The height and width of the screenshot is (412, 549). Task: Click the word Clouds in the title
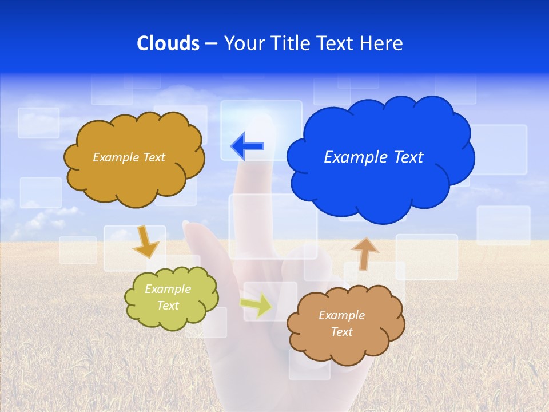coord(168,43)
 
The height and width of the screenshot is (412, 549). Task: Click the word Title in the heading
coord(291,43)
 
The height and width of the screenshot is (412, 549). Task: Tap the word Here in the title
coord(382,43)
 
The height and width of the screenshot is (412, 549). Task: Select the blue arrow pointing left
coord(247,146)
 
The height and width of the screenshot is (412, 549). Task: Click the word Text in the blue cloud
coord(408,157)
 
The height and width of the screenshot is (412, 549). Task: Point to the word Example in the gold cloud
coord(116,157)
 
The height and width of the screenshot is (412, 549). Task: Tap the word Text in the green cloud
coord(168,306)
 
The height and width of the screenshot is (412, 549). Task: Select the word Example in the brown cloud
coord(341,315)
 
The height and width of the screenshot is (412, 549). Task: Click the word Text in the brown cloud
coord(341,332)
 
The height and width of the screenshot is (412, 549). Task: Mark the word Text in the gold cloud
coord(153,157)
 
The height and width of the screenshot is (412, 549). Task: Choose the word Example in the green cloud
coord(168,289)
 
